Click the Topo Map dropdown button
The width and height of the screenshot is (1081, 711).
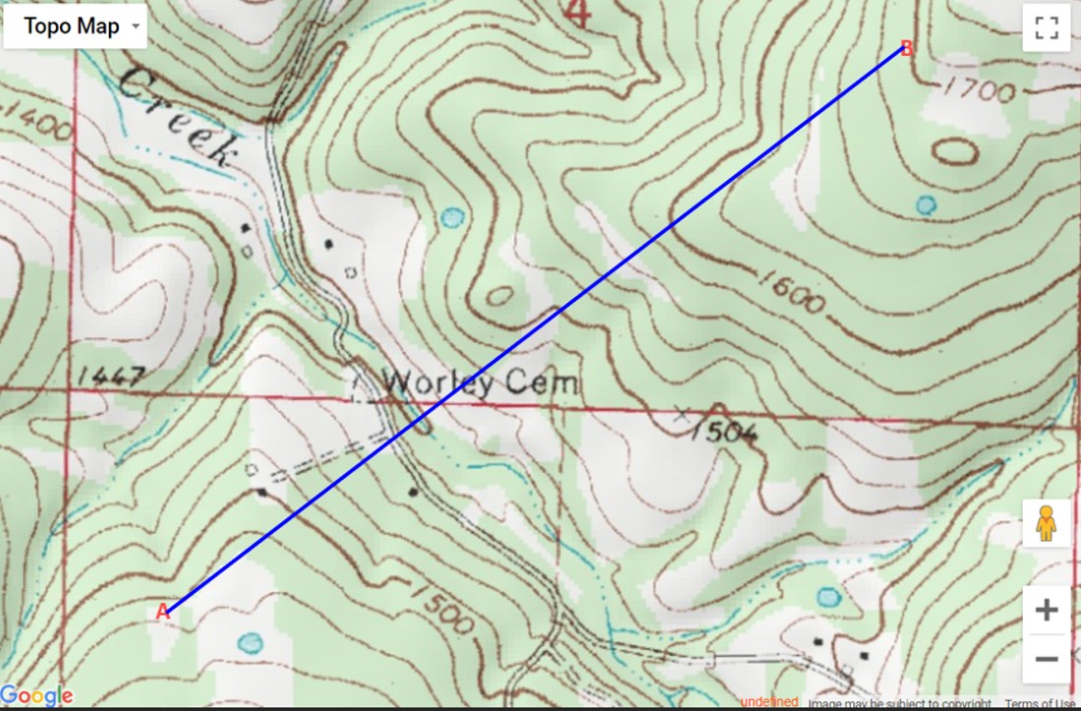(x=75, y=27)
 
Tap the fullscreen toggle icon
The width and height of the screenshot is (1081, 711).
(x=1046, y=28)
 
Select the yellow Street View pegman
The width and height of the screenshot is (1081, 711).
(x=1046, y=524)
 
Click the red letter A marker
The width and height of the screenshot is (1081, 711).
(x=163, y=612)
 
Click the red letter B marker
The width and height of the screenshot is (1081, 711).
(x=907, y=48)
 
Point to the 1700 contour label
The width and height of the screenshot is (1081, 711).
(x=978, y=90)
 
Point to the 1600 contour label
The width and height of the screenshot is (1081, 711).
(x=792, y=293)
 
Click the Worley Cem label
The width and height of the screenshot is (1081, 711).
(x=479, y=382)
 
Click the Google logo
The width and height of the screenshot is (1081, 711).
(x=37, y=696)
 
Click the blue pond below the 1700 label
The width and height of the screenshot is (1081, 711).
(x=926, y=205)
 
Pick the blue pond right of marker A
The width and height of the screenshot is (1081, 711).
(x=251, y=643)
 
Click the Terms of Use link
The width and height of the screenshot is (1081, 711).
(x=1040, y=703)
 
